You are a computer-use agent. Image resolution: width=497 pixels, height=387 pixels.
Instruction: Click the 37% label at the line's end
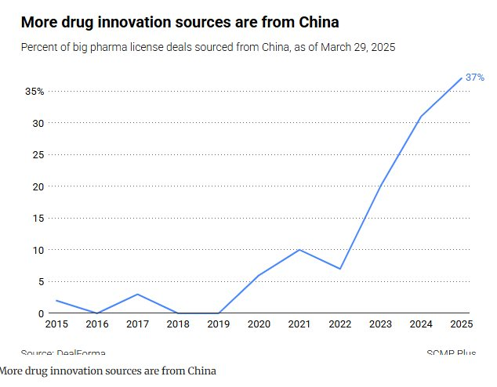[475, 78]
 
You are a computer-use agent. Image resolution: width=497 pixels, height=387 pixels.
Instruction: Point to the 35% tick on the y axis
[34, 92]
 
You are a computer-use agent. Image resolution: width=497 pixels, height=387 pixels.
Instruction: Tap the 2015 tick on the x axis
[56, 323]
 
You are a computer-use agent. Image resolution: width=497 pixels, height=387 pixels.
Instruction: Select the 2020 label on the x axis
[259, 323]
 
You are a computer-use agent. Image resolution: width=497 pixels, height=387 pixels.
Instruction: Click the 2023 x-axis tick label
[380, 323]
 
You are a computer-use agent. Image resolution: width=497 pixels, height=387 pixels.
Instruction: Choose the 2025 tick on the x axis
[462, 323]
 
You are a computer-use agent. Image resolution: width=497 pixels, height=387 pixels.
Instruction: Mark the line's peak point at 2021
[299, 250]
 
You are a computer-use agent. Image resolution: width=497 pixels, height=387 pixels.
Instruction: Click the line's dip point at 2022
[340, 269]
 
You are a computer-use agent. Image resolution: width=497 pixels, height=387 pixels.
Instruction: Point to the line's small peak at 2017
[137, 295]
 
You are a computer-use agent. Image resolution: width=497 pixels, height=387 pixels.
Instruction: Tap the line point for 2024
[421, 117]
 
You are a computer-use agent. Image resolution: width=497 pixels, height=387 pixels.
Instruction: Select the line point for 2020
[259, 275]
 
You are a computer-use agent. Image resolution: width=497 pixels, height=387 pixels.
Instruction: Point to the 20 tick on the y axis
[38, 186]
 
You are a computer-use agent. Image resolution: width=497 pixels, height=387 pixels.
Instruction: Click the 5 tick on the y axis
[41, 282]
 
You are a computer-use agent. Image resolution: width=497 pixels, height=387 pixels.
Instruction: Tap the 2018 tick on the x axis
[178, 323]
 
